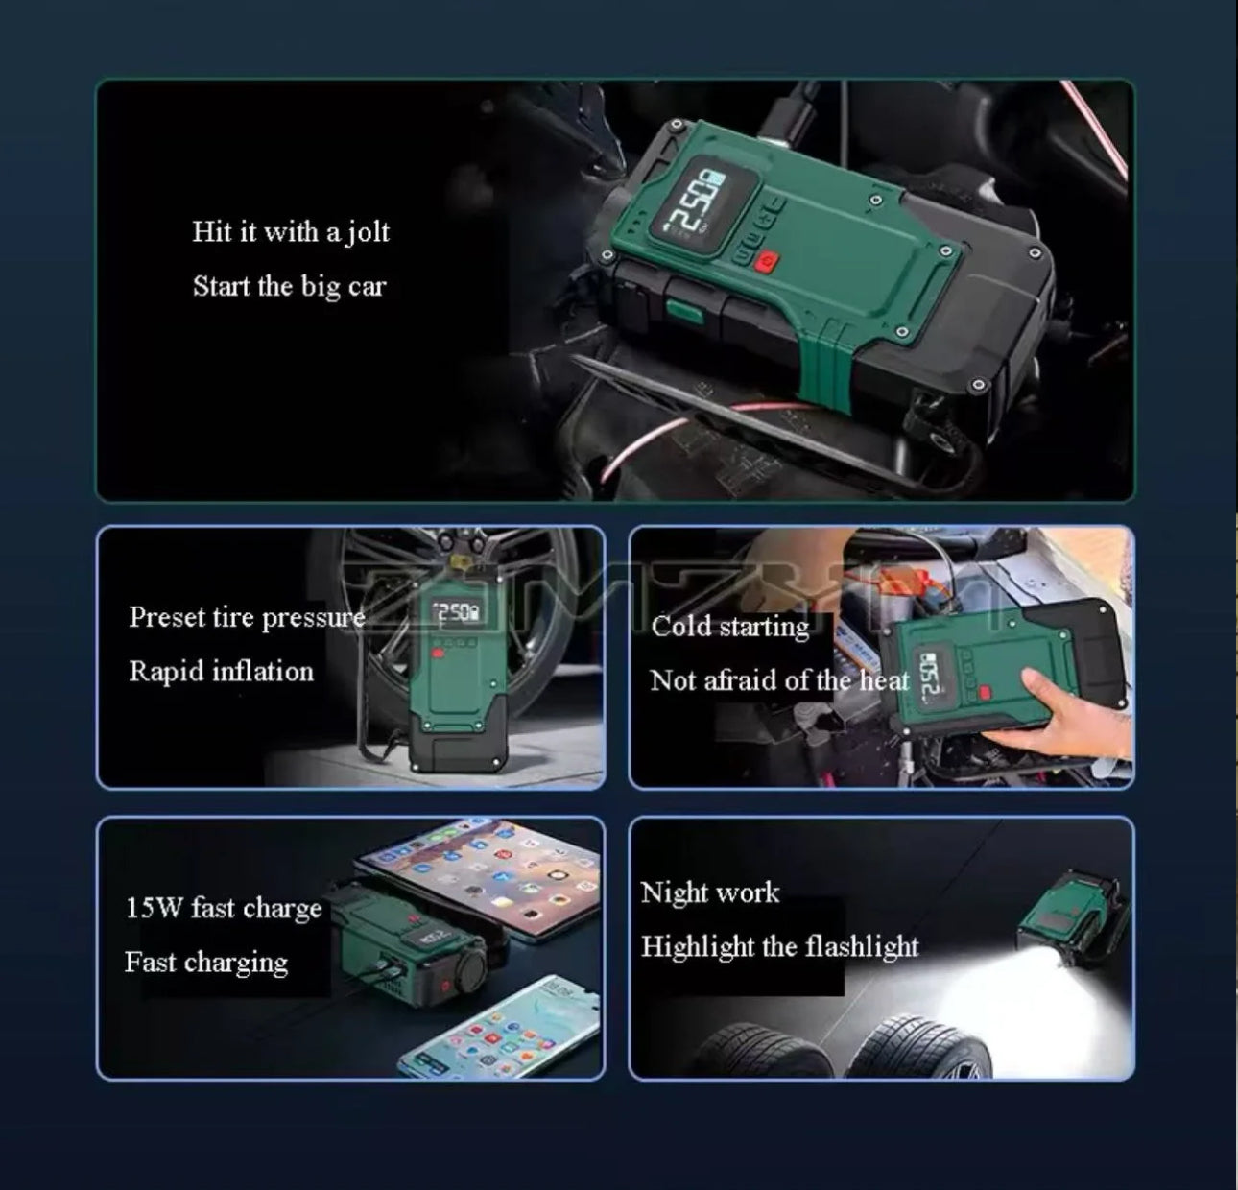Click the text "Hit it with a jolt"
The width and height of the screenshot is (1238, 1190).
pos(291,232)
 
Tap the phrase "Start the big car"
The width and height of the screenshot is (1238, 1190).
pos(289,287)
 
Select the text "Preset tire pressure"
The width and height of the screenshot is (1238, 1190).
pos(247,617)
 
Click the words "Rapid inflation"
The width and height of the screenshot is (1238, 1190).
pos(221,671)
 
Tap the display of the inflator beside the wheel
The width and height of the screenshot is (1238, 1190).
pos(456,612)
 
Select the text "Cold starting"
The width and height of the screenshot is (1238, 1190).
pos(729,627)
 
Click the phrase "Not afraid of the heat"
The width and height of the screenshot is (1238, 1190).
pos(778,680)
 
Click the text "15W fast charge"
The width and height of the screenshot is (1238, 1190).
pos(224,908)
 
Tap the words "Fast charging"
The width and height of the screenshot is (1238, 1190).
pos(205,962)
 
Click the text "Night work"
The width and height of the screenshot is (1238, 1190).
pos(709,892)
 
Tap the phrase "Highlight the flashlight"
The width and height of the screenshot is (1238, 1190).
pos(779,947)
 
